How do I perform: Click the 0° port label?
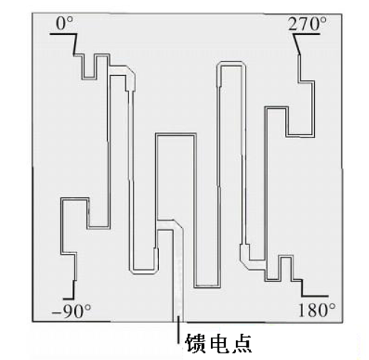65,24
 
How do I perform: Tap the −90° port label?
71,311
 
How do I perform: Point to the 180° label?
317,310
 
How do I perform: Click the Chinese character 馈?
195,344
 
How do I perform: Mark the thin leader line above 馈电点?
178,330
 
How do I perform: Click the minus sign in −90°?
56,312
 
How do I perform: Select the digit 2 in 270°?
293,24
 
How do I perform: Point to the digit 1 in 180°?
302,310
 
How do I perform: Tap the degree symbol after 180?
332,307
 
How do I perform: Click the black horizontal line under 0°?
63,34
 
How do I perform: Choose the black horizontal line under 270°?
307,34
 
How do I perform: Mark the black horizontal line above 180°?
315,295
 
